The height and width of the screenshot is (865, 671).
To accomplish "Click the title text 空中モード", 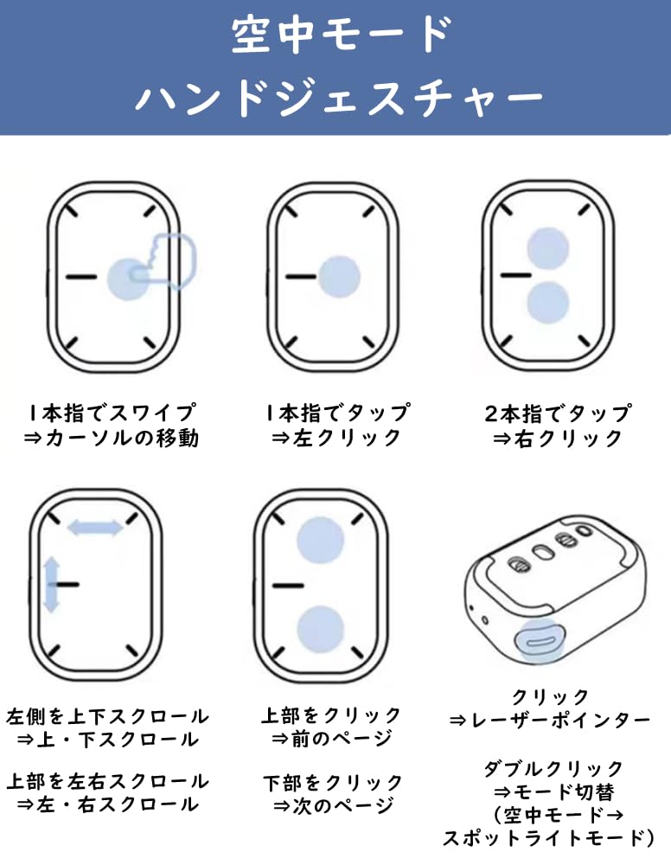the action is click(x=342, y=35).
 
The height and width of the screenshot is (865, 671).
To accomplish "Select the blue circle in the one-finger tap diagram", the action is click(x=340, y=277).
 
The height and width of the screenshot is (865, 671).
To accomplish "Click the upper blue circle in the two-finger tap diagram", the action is click(x=547, y=247).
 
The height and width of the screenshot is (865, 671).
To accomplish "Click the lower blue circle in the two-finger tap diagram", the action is click(x=547, y=302).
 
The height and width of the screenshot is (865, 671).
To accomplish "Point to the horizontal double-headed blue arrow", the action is click(x=95, y=528).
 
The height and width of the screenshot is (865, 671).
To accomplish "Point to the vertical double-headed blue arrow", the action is click(x=51, y=585).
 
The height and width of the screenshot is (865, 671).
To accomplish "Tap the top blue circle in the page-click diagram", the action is click(x=320, y=541).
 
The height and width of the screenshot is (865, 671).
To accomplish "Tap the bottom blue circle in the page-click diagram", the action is click(x=320, y=630).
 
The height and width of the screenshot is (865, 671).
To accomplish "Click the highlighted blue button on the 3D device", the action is click(x=539, y=640).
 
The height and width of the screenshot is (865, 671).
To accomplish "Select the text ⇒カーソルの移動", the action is click(x=112, y=438).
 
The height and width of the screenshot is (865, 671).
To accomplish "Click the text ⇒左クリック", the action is click(x=336, y=438).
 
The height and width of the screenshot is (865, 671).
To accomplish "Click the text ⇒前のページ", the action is click(x=332, y=739).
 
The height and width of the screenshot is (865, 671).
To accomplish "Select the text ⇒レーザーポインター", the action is click(x=550, y=721).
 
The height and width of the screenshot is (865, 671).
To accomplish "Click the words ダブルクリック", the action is click(x=553, y=768).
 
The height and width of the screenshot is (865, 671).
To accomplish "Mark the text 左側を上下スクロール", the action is click(x=107, y=716).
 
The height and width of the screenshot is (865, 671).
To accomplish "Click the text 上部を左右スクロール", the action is click(x=107, y=782).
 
